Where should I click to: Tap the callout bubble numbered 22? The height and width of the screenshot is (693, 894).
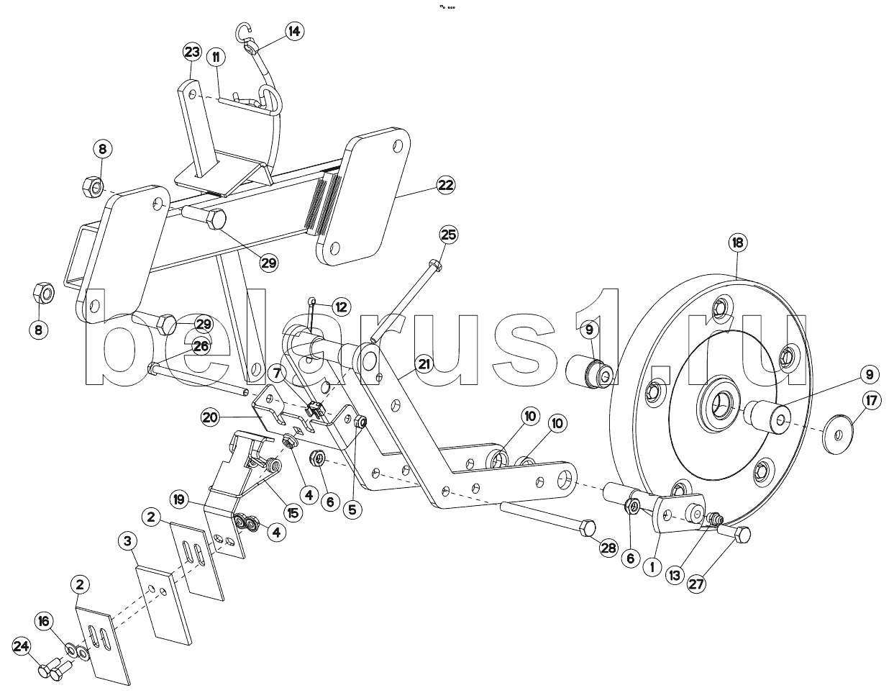pos(446,186)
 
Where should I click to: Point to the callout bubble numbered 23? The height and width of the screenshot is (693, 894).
pos(191,52)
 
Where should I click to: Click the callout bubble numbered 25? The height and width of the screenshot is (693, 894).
pos(448,235)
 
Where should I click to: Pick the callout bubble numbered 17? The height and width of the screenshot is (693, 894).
pos(870,401)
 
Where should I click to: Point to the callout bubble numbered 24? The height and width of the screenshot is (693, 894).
pos(22,647)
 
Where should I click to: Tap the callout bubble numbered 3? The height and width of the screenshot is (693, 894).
pos(127,540)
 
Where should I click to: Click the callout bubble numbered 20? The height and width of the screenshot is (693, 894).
pos(210,416)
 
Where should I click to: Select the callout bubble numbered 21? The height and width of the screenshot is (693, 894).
pos(424,364)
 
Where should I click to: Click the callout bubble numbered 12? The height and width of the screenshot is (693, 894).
pos(340,307)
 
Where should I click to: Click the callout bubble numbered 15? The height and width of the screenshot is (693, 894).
pos(293,514)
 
